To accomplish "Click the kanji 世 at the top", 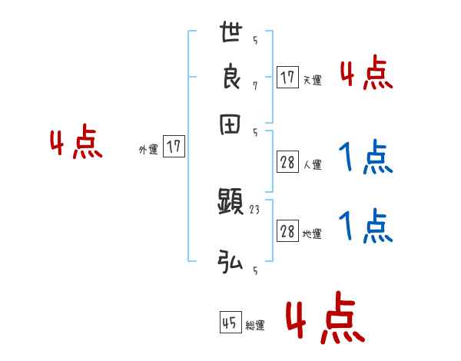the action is [230, 35].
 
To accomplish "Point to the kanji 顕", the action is [230, 203].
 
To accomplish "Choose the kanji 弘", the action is [230, 262].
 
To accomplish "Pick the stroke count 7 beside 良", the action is [254, 85].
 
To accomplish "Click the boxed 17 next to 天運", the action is [287, 78].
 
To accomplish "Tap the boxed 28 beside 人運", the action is [287, 163].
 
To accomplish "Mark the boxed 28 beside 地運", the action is [287, 232].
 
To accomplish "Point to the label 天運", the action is [312, 80].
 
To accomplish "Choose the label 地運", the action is [312, 234].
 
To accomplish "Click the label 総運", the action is [255, 326].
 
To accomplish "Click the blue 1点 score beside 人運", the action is [366, 158].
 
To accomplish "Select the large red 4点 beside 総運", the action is [325, 317].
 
